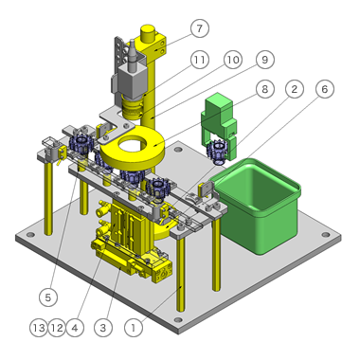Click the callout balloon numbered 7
(x=200, y=28)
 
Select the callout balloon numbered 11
(x=200, y=60)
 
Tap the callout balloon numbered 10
(x=233, y=60)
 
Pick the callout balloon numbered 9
(x=264, y=60)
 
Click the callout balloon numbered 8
(x=264, y=89)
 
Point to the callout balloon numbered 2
(x=295, y=89)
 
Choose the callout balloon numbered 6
(x=325, y=89)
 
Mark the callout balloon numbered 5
(x=48, y=297)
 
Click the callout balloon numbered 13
(x=39, y=328)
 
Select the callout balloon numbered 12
(x=57, y=328)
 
